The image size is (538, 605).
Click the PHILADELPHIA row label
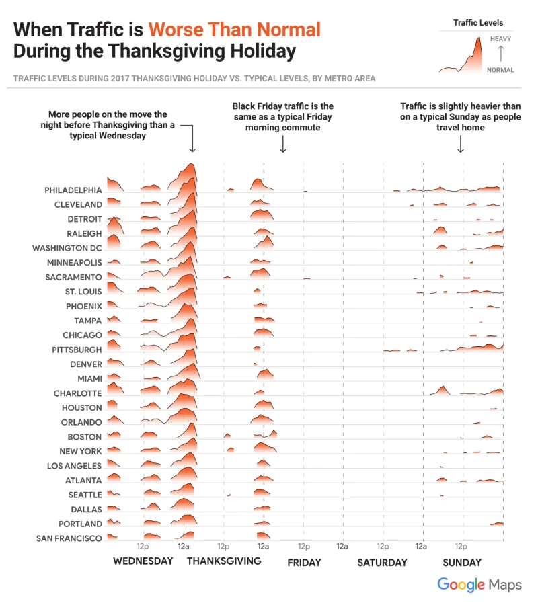(73, 190)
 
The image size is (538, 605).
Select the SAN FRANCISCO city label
(69, 538)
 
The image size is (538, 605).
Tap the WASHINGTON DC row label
(67, 248)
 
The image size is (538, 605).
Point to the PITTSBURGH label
(77, 350)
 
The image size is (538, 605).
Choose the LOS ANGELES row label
(75, 466)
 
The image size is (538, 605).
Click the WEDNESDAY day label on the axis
(143, 561)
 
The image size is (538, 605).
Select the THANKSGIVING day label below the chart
(224, 561)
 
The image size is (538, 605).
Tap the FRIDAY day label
(304, 563)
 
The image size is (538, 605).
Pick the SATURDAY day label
(382, 563)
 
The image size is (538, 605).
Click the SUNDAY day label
(462, 563)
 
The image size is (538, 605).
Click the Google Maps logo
(479, 585)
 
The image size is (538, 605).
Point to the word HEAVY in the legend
(500, 39)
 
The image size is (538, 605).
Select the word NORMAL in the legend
(500, 70)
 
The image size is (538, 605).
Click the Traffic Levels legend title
(478, 23)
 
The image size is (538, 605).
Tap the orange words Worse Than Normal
(235, 30)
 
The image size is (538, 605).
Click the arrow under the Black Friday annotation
(282, 144)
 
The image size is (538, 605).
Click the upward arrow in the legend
(500, 54)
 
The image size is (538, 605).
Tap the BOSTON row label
(85, 437)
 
